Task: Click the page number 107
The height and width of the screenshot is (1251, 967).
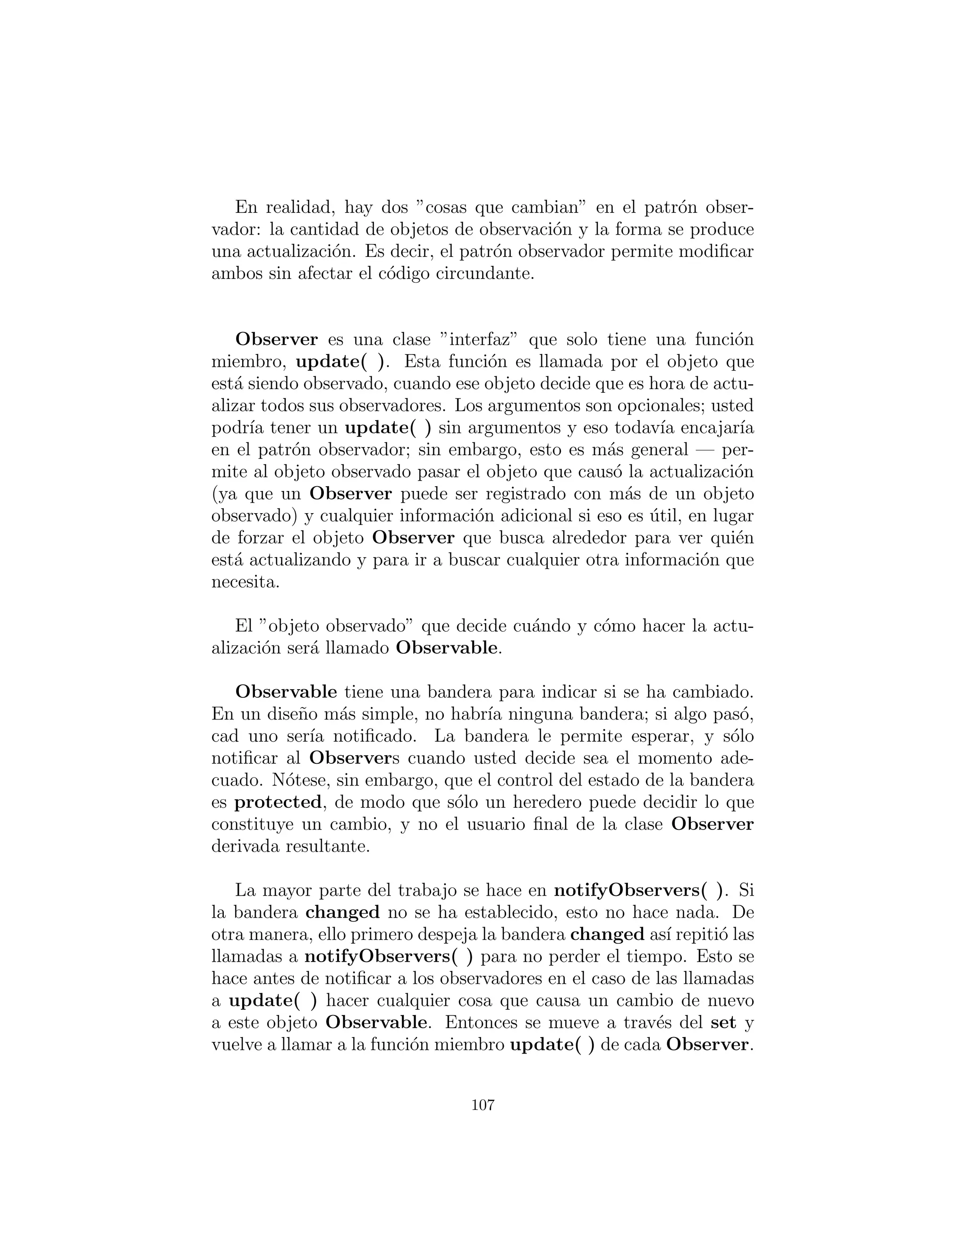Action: [x=483, y=1105]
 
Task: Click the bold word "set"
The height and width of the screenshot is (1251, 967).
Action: [x=723, y=1022]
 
